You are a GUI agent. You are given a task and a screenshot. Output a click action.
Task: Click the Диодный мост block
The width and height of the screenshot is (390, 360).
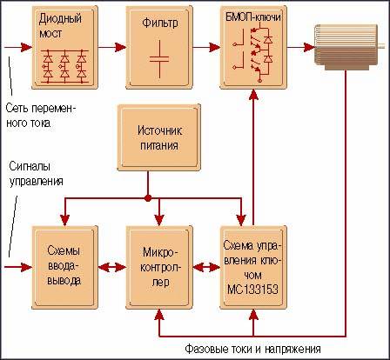(x=64, y=47)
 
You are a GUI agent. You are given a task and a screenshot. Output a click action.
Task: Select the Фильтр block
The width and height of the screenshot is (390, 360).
(x=159, y=47)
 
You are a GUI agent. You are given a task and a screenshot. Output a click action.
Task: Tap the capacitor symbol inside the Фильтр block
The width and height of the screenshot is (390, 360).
(x=159, y=59)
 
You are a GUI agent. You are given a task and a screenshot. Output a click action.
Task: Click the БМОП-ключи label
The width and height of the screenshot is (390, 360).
(x=253, y=17)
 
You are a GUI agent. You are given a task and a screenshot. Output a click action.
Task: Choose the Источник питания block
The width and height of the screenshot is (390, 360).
(x=159, y=137)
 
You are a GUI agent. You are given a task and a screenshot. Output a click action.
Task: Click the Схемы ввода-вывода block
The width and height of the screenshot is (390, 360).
(x=64, y=267)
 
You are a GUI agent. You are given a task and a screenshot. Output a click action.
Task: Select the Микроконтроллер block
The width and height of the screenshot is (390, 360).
(x=159, y=267)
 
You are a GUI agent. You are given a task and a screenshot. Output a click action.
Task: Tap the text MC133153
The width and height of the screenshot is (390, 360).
(x=252, y=289)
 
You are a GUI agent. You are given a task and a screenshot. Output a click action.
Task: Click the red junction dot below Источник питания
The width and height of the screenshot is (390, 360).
(x=148, y=198)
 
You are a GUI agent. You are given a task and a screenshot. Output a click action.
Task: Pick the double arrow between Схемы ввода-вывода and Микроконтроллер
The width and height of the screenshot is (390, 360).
(x=112, y=267)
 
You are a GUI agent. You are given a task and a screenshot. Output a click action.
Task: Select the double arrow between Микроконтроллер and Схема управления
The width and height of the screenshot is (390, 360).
(x=206, y=267)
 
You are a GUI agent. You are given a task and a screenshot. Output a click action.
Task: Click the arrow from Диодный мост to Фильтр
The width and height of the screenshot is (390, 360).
(x=112, y=47)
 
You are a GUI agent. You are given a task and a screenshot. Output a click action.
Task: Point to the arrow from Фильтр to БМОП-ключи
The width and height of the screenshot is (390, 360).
(x=206, y=47)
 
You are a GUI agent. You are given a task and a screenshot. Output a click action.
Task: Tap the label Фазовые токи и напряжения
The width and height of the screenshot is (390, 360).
(x=252, y=349)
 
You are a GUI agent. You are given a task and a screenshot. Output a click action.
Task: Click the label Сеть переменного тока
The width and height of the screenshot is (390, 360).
(x=41, y=116)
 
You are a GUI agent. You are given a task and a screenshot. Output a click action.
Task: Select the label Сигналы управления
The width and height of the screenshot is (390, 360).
(x=37, y=174)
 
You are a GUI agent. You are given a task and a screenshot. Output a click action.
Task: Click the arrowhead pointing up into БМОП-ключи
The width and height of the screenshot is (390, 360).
(x=253, y=95)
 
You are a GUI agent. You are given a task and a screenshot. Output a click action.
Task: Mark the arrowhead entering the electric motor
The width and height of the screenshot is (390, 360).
(x=309, y=47)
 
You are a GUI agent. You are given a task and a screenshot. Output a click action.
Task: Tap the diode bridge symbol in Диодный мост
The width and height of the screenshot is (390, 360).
(x=64, y=66)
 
